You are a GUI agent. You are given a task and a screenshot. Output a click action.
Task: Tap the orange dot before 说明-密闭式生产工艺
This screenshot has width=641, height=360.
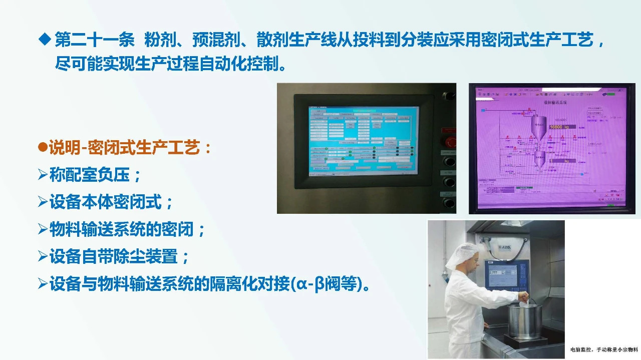coord(43,148)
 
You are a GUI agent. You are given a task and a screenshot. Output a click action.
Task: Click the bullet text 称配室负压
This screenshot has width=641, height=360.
coord(90,175)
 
